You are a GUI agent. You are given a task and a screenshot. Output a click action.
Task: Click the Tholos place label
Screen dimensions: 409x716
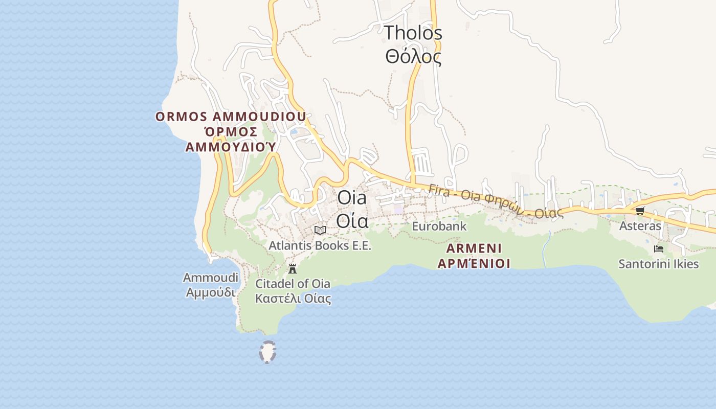tap(413, 33)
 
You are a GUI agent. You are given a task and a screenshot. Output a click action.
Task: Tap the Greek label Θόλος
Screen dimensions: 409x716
tap(413, 56)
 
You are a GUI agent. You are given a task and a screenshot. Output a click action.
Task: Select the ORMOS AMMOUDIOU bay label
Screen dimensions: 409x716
tap(231, 117)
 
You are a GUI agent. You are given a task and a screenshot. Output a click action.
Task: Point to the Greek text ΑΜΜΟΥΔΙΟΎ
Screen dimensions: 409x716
tap(231, 147)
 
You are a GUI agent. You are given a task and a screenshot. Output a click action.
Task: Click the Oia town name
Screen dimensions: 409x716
tap(352, 198)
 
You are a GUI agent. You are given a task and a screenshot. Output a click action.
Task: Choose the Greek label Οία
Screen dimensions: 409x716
tap(352, 221)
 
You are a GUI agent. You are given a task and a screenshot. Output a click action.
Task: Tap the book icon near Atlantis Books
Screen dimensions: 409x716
tap(320, 230)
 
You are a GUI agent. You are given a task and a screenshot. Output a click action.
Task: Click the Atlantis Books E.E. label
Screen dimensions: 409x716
tap(320, 246)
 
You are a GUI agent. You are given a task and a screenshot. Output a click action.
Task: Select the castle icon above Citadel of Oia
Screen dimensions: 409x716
tap(293, 268)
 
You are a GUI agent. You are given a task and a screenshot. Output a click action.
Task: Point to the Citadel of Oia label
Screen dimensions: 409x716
tap(293, 284)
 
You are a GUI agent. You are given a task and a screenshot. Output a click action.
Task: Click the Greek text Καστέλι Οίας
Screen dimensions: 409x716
tap(293, 299)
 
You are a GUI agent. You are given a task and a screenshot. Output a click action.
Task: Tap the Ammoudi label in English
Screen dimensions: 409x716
tap(211, 278)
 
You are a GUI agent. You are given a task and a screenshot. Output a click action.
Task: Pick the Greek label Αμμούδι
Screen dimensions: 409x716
tap(211, 292)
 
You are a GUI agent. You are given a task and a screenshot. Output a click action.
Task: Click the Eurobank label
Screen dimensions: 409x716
tap(439, 226)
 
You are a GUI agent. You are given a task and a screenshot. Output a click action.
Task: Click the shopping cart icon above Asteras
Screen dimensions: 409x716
tap(640, 211)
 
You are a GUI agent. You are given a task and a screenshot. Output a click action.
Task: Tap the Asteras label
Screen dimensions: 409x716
tap(640, 225)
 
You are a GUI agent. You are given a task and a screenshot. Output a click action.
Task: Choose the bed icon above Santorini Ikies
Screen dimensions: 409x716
tap(659, 249)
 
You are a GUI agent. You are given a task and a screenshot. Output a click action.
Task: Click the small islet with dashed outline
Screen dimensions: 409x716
tap(267, 352)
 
